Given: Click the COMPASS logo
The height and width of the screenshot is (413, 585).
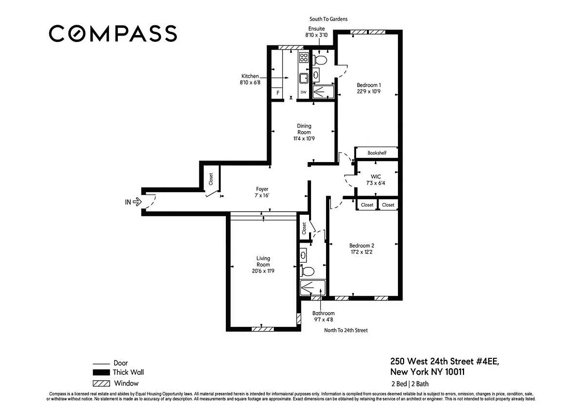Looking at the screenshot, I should tap(113, 34).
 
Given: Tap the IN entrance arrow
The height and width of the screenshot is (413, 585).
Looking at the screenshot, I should tap(137, 202).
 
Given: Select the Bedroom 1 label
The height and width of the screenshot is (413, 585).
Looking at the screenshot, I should tap(368, 88).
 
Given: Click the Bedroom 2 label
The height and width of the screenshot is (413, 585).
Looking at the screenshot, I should tap(361, 249).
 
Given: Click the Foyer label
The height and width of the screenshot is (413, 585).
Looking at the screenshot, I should tap(262, 192).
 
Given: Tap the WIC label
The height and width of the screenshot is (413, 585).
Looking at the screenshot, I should tap(376, 179).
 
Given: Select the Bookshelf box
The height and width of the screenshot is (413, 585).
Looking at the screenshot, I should tap(377, 153).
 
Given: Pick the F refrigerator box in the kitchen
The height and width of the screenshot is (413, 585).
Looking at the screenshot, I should tap(278, 93).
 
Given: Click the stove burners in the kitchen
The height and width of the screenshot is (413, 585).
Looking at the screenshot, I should tap(304, 58).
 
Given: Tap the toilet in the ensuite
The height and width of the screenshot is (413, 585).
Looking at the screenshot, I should tap(320, 60).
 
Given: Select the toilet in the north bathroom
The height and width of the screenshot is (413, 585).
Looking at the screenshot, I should tap(307, 271).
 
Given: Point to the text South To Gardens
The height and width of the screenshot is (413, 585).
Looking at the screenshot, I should tap(328, 19).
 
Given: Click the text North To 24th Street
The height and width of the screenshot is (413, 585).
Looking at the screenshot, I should tap(345, 330).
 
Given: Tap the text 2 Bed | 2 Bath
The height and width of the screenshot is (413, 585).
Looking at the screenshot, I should tap(410, 384).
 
